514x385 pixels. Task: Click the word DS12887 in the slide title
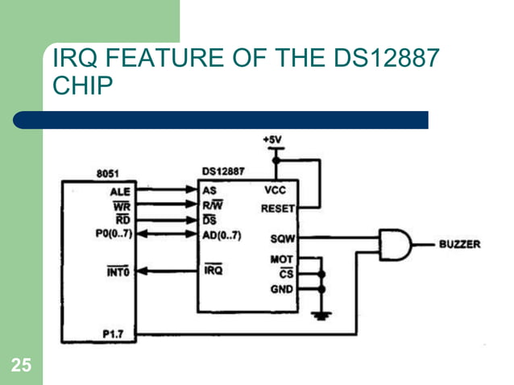pos(379,60)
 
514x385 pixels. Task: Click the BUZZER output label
pos(459,244)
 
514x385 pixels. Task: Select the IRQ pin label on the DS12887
pos(213,271)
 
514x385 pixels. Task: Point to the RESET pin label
pos(278,207)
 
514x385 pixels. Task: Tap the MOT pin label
pos(281,259)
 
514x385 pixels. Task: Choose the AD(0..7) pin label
pos(222,234)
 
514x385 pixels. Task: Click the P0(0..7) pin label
pos(113,234)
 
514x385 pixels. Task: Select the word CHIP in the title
pos(78,86)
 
